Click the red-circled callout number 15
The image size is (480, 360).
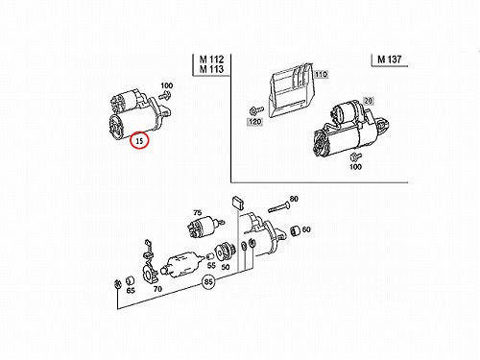coord(139,140)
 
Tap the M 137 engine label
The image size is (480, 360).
coord(389,60)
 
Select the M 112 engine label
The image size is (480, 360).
coord(211,60)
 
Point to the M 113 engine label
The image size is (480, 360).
coord(211,69)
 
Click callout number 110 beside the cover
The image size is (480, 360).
coord(321,74)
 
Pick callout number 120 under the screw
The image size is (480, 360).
coord(255,122)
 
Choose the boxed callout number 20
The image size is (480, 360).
coord(369,101)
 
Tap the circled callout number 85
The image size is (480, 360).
coord(208,282)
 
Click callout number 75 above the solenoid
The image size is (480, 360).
coord(198,212)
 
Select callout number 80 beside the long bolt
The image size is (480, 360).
coord(294,199)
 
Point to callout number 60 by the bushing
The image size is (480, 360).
coord(306,229)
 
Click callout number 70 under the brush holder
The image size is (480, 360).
coord(157,289)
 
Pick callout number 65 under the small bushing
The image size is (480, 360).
coord(131,291)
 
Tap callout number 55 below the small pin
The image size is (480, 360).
coord(211,265)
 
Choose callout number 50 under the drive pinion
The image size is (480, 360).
coord(226,267)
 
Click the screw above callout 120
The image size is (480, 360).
coord(256,110)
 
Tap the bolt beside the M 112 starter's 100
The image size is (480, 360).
coord(165,94)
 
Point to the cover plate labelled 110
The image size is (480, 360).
coord(290,90)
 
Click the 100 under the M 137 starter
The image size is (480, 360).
coord(355,166)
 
